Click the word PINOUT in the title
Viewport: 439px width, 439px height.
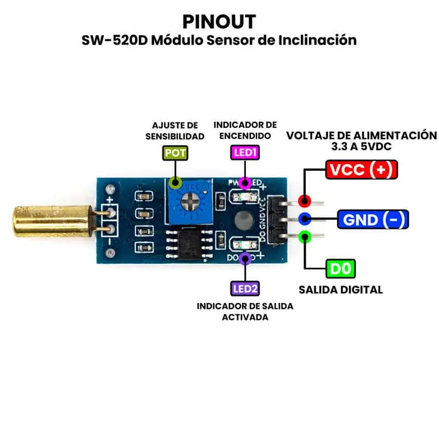click(219, 21)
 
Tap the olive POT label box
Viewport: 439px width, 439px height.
click(175, 153)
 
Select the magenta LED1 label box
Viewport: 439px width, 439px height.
click(245, 153)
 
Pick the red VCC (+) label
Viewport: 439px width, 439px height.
click(361, 170)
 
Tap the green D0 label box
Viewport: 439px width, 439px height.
click(341, 269)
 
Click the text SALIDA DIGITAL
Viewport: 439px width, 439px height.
click(340, 290)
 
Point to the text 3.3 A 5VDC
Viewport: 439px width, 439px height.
click(361, 147)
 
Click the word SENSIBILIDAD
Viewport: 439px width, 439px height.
click(175, 136)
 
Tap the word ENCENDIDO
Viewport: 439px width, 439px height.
click(245, 136)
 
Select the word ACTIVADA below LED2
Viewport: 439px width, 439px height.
click(245, 317)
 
